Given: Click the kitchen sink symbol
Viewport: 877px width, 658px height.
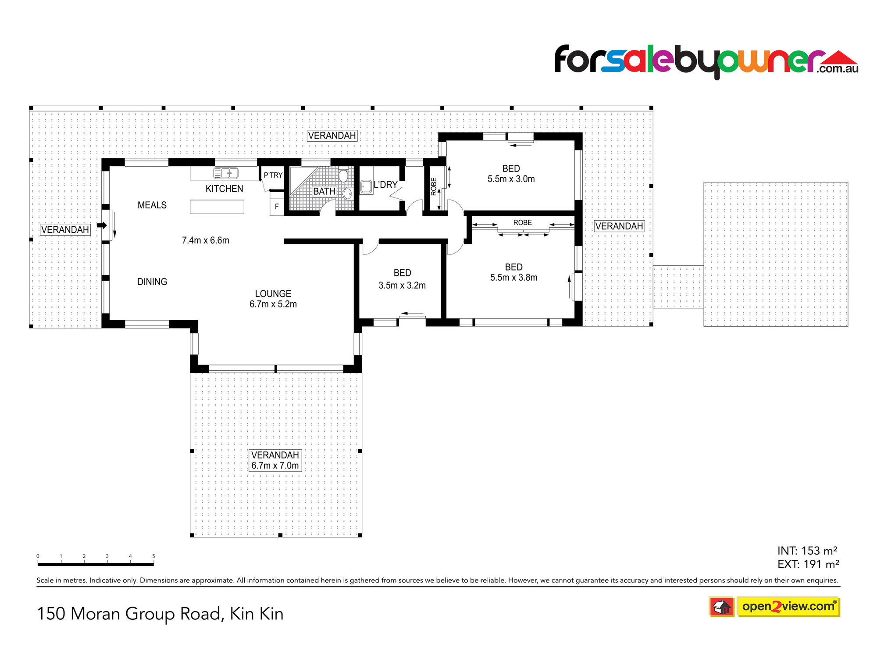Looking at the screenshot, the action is click(226, 173).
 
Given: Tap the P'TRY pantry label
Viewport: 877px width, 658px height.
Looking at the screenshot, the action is click(273, 175).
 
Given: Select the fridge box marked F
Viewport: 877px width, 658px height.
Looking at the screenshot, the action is click(277, 207).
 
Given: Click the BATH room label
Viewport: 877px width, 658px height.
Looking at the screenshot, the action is click(324, 192).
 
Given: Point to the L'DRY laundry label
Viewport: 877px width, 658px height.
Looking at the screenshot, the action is click(385, 185).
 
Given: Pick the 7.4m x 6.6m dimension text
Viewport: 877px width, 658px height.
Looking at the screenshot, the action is click(206, 240).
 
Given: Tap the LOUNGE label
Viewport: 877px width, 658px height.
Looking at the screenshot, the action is click(273, 294).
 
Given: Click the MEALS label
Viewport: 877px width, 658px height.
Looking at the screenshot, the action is click(152, 205).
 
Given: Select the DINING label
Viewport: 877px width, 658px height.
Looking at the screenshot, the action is click(152, 282).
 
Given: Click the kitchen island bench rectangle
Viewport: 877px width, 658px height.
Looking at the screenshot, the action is click(217, 207).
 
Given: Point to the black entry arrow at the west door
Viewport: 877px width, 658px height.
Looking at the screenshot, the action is click(102, 225).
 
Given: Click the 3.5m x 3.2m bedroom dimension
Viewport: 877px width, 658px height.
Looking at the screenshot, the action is click(402, 286).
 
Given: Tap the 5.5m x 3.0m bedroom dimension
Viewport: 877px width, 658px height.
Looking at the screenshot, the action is click(511, 179).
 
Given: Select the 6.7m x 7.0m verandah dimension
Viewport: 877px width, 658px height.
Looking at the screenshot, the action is click(275, 466).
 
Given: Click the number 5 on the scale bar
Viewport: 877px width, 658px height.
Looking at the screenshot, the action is click(153, 556).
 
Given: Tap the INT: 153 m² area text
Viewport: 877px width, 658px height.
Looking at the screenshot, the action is click(807, 551).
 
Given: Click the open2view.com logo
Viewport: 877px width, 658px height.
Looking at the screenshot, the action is click(788, 607).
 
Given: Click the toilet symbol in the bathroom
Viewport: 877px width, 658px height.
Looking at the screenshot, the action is click(343, 175).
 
